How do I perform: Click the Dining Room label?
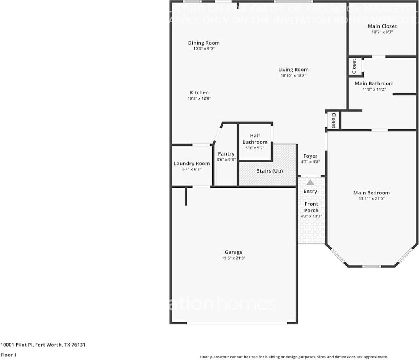click(204, 43)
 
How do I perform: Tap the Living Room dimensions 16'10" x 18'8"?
click(293, 75)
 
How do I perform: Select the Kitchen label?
click(199, 93)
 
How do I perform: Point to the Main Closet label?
click(382, 26)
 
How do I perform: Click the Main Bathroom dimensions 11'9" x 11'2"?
click(374, 89)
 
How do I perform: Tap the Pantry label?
click(226, 154)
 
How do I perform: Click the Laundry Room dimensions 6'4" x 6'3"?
click(191, 169)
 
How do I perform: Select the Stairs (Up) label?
click(270, 171)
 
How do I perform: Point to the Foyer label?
click(311, 156)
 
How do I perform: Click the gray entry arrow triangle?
click(311, 183)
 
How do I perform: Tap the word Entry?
click(311, 191)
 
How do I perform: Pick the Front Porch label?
click(311, 207)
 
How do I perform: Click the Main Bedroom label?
click(371, 193)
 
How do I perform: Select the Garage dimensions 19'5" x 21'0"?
click(234, 258)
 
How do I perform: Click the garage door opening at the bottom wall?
click(237, 323)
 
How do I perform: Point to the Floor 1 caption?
click(8, 355)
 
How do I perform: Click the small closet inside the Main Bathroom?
click(355, 66)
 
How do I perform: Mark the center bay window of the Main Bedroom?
click(371, 266)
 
